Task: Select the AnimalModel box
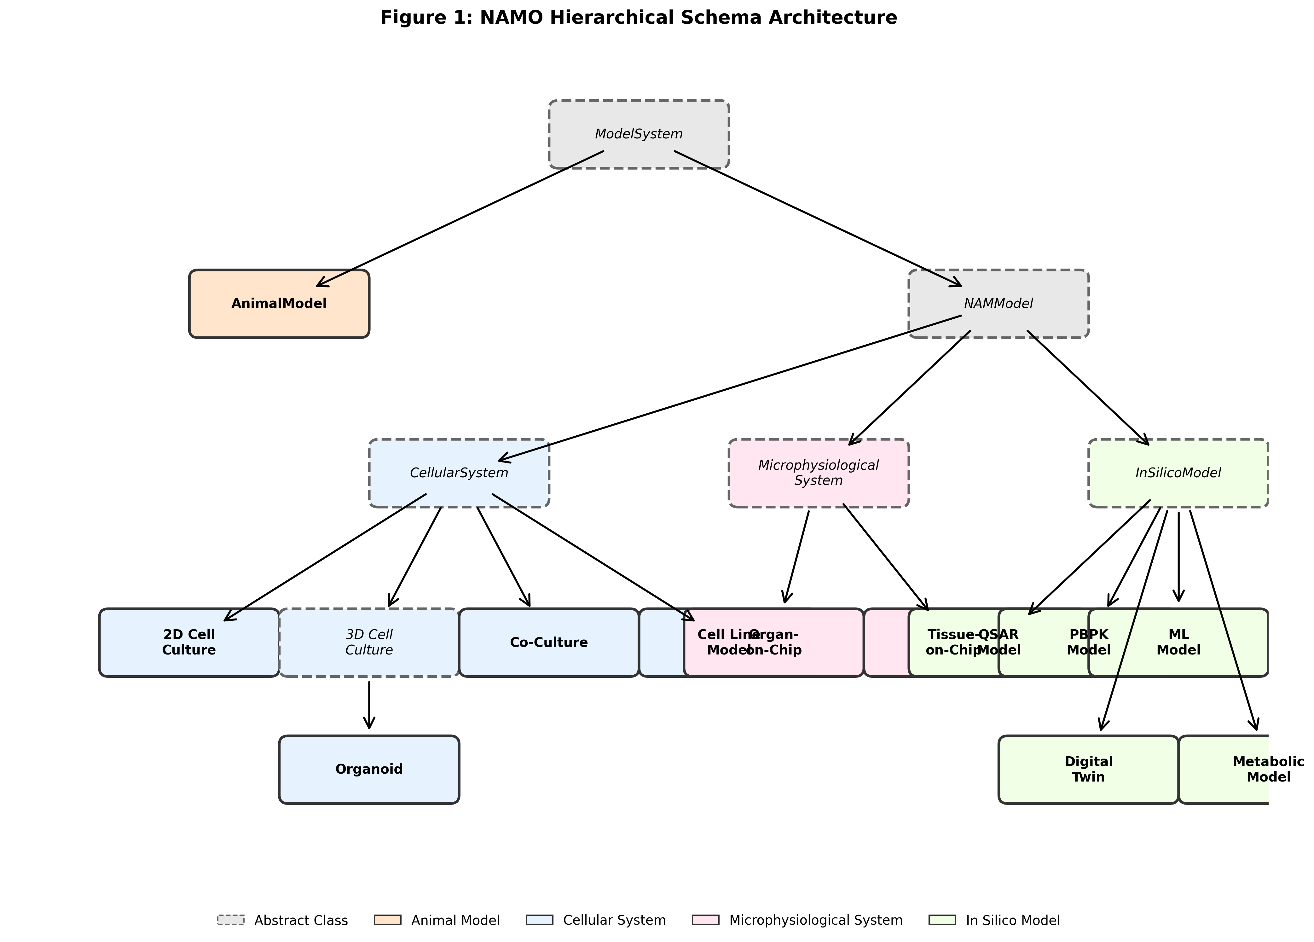(279, 304)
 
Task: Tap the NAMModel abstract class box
(998, 304)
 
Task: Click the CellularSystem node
(459, 473)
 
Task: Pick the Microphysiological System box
(818, 473)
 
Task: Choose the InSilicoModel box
(1178, 473)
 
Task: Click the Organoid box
(369, 769)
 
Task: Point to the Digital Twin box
(1088, 769)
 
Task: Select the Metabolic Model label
(1268, 769)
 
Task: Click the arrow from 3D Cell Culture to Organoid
(369, 704)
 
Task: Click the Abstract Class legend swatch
(231, 920)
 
